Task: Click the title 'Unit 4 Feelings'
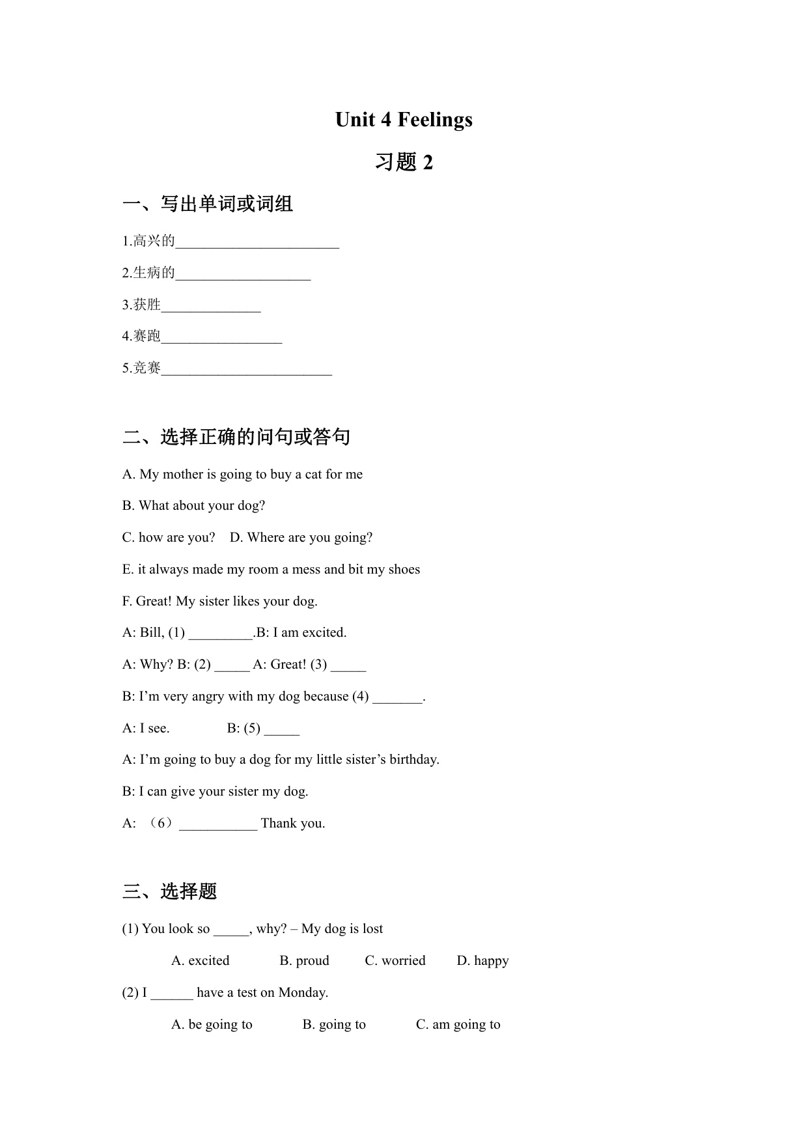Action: (404, 120)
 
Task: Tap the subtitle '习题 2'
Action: (404, 162)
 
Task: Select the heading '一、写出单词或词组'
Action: (208, 204)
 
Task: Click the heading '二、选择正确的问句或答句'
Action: (236, 436)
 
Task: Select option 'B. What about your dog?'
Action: (193, 506)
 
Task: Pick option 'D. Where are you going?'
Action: (301, 538)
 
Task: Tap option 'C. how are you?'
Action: (169, 538)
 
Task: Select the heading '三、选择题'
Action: (169, 891)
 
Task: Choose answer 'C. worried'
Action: (395, 961)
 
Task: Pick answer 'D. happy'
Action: (482, 961)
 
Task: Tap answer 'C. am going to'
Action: (458, 1025)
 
